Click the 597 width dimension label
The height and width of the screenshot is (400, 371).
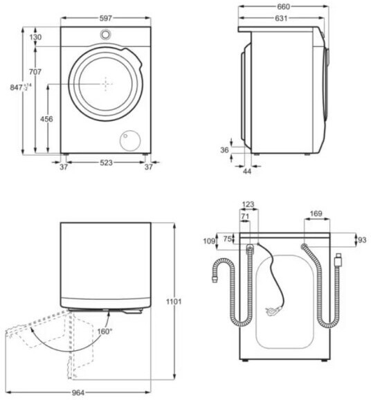[x=106, y=18]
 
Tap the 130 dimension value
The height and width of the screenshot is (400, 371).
[x=35, y=37]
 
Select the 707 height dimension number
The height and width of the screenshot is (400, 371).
[x=35, y=72]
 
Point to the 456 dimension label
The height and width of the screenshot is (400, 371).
[x=46, y=119]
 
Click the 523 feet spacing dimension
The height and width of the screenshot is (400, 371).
[x=106, y=163]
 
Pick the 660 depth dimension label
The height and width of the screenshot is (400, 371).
[x=283, y=7]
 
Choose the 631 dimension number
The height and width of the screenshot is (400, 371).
[x=281, y=19]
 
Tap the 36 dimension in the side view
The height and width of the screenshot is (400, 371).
[x=224, y=150]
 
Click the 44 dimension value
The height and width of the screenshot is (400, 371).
[x=247, y=171]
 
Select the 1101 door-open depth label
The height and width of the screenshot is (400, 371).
[x=174, y=302]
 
